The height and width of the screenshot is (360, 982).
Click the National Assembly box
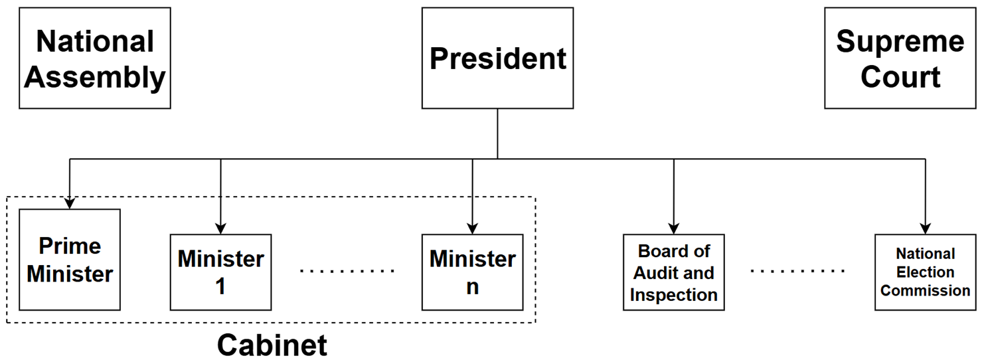tap(95, 58)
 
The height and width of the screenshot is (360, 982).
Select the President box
tap(497, 58)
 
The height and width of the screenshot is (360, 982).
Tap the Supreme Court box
tap(900, 58)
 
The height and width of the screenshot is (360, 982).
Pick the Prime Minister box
tap(70, 260)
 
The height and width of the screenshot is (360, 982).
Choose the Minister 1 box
tap(220, 272)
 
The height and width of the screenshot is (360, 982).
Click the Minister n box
tap(473, 272)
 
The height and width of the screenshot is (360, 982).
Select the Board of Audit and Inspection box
tap(674, 272)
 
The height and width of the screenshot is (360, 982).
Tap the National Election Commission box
tap(926, 272)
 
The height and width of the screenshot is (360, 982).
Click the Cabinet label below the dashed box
tap(272, 345)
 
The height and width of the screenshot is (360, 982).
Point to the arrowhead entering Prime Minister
tap(70, 203)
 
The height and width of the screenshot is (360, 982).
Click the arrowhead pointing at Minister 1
tap(220, 228)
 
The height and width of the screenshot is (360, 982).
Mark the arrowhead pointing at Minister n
tap(473, 228)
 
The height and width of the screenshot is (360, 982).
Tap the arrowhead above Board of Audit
tap(674, 228)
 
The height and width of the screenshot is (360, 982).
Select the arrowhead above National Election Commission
tap(926, 228)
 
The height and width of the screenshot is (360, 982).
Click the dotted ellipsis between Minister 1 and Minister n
tap(347, 271)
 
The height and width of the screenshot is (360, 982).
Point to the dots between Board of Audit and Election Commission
tap(798, 271)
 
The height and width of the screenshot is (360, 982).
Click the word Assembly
tap(95, 78)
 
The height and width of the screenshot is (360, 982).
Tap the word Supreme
tap(900, 42)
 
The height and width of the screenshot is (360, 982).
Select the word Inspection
tap(674, 295)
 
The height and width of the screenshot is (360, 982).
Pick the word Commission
tap(926, 291)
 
